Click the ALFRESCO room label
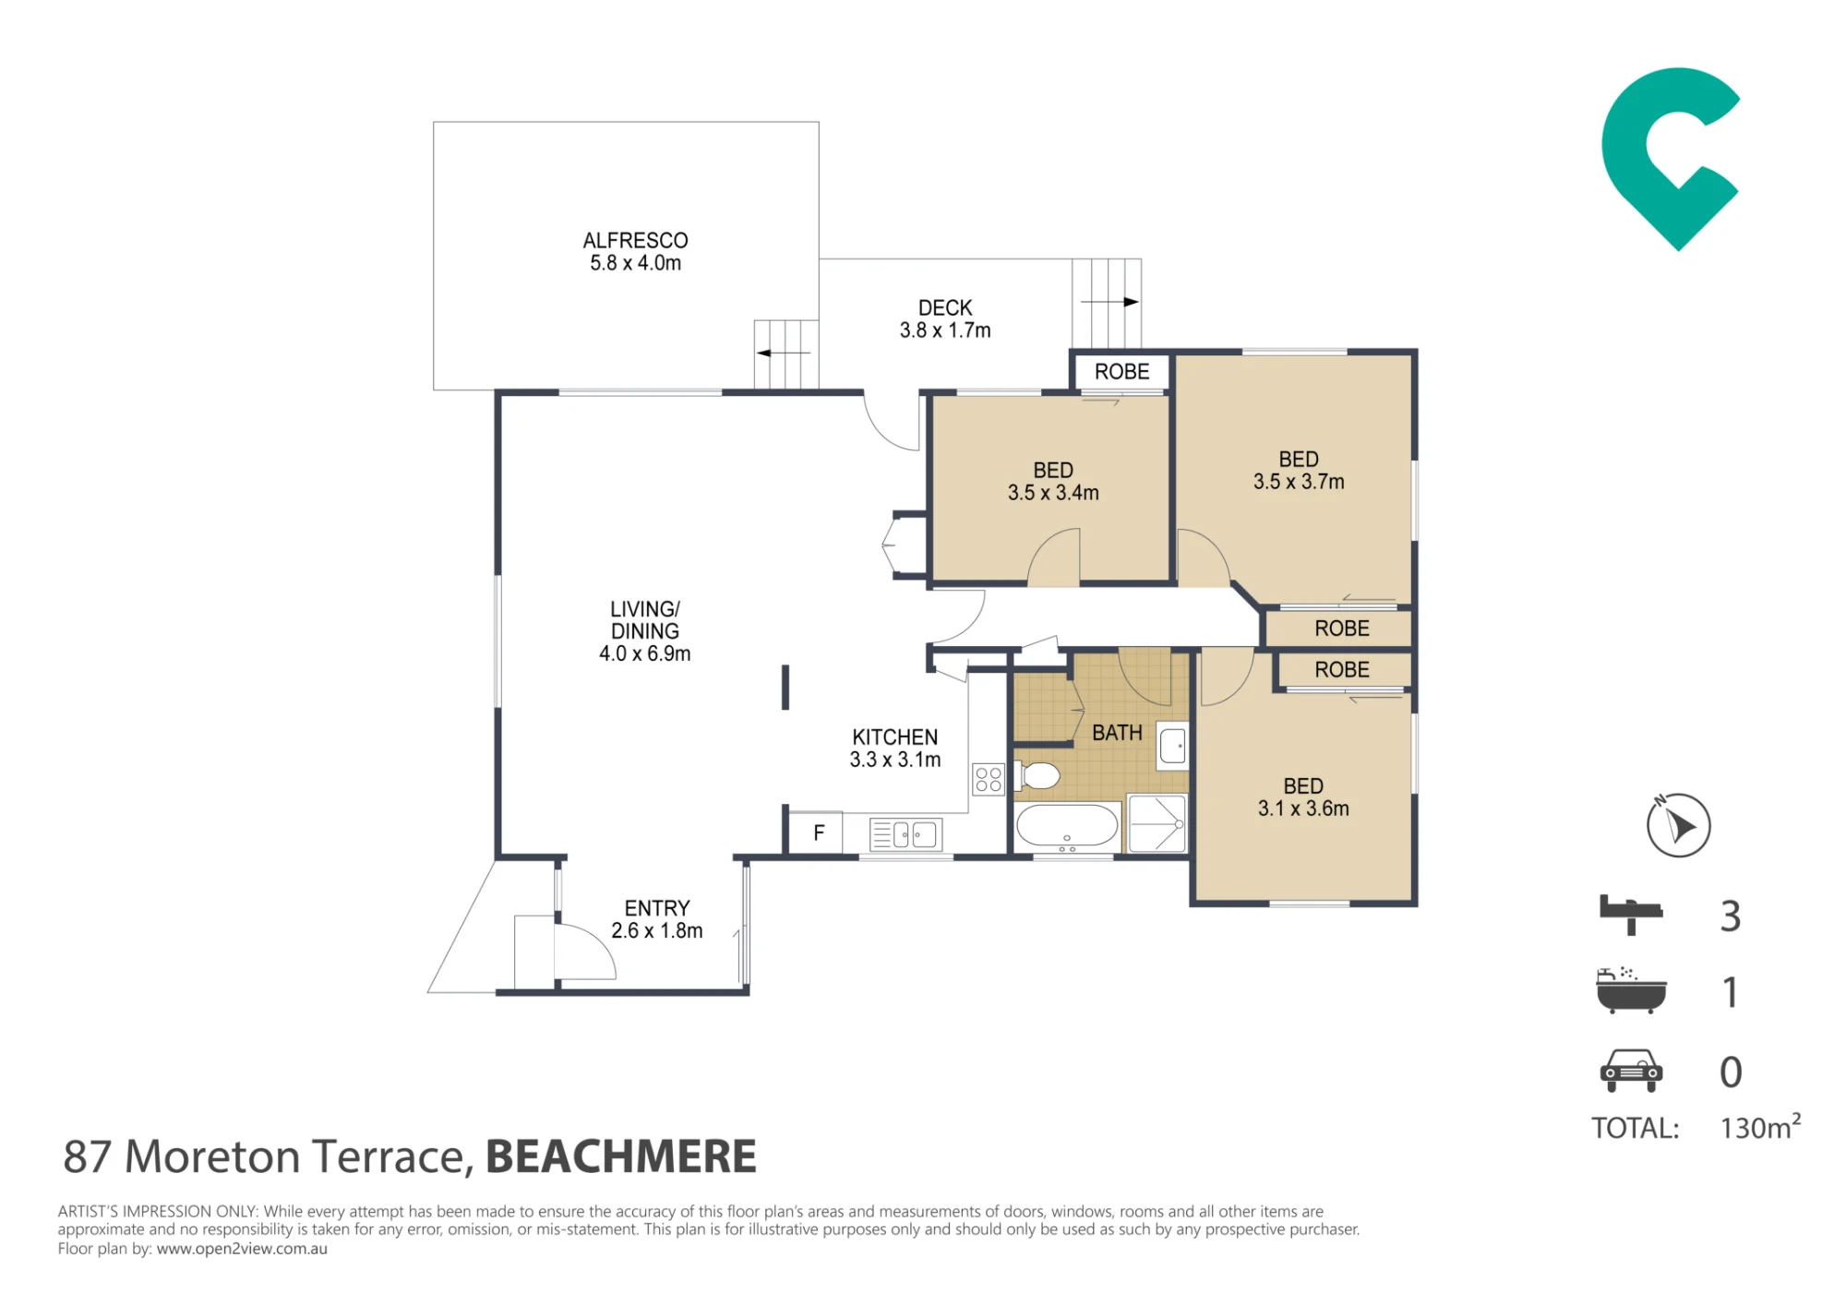(635, 241)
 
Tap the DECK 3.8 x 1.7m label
(945, 319)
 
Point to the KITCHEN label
(894, 737)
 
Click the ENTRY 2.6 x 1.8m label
(657, 919)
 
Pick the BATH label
(1117, 733)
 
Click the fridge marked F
(818, 833)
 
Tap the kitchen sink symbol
(905, 834)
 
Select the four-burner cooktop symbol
(989, 779)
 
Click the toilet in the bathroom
(1037, 776)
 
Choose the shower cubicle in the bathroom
(1157, 823)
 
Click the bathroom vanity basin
(1172, 745)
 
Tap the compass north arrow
(1679, 825)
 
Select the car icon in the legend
(1631, 1071)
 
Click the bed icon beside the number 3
(1631, 915)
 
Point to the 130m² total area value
(1760, 1127)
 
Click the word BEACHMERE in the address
(621, 1156)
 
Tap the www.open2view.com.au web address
(242, 1249)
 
